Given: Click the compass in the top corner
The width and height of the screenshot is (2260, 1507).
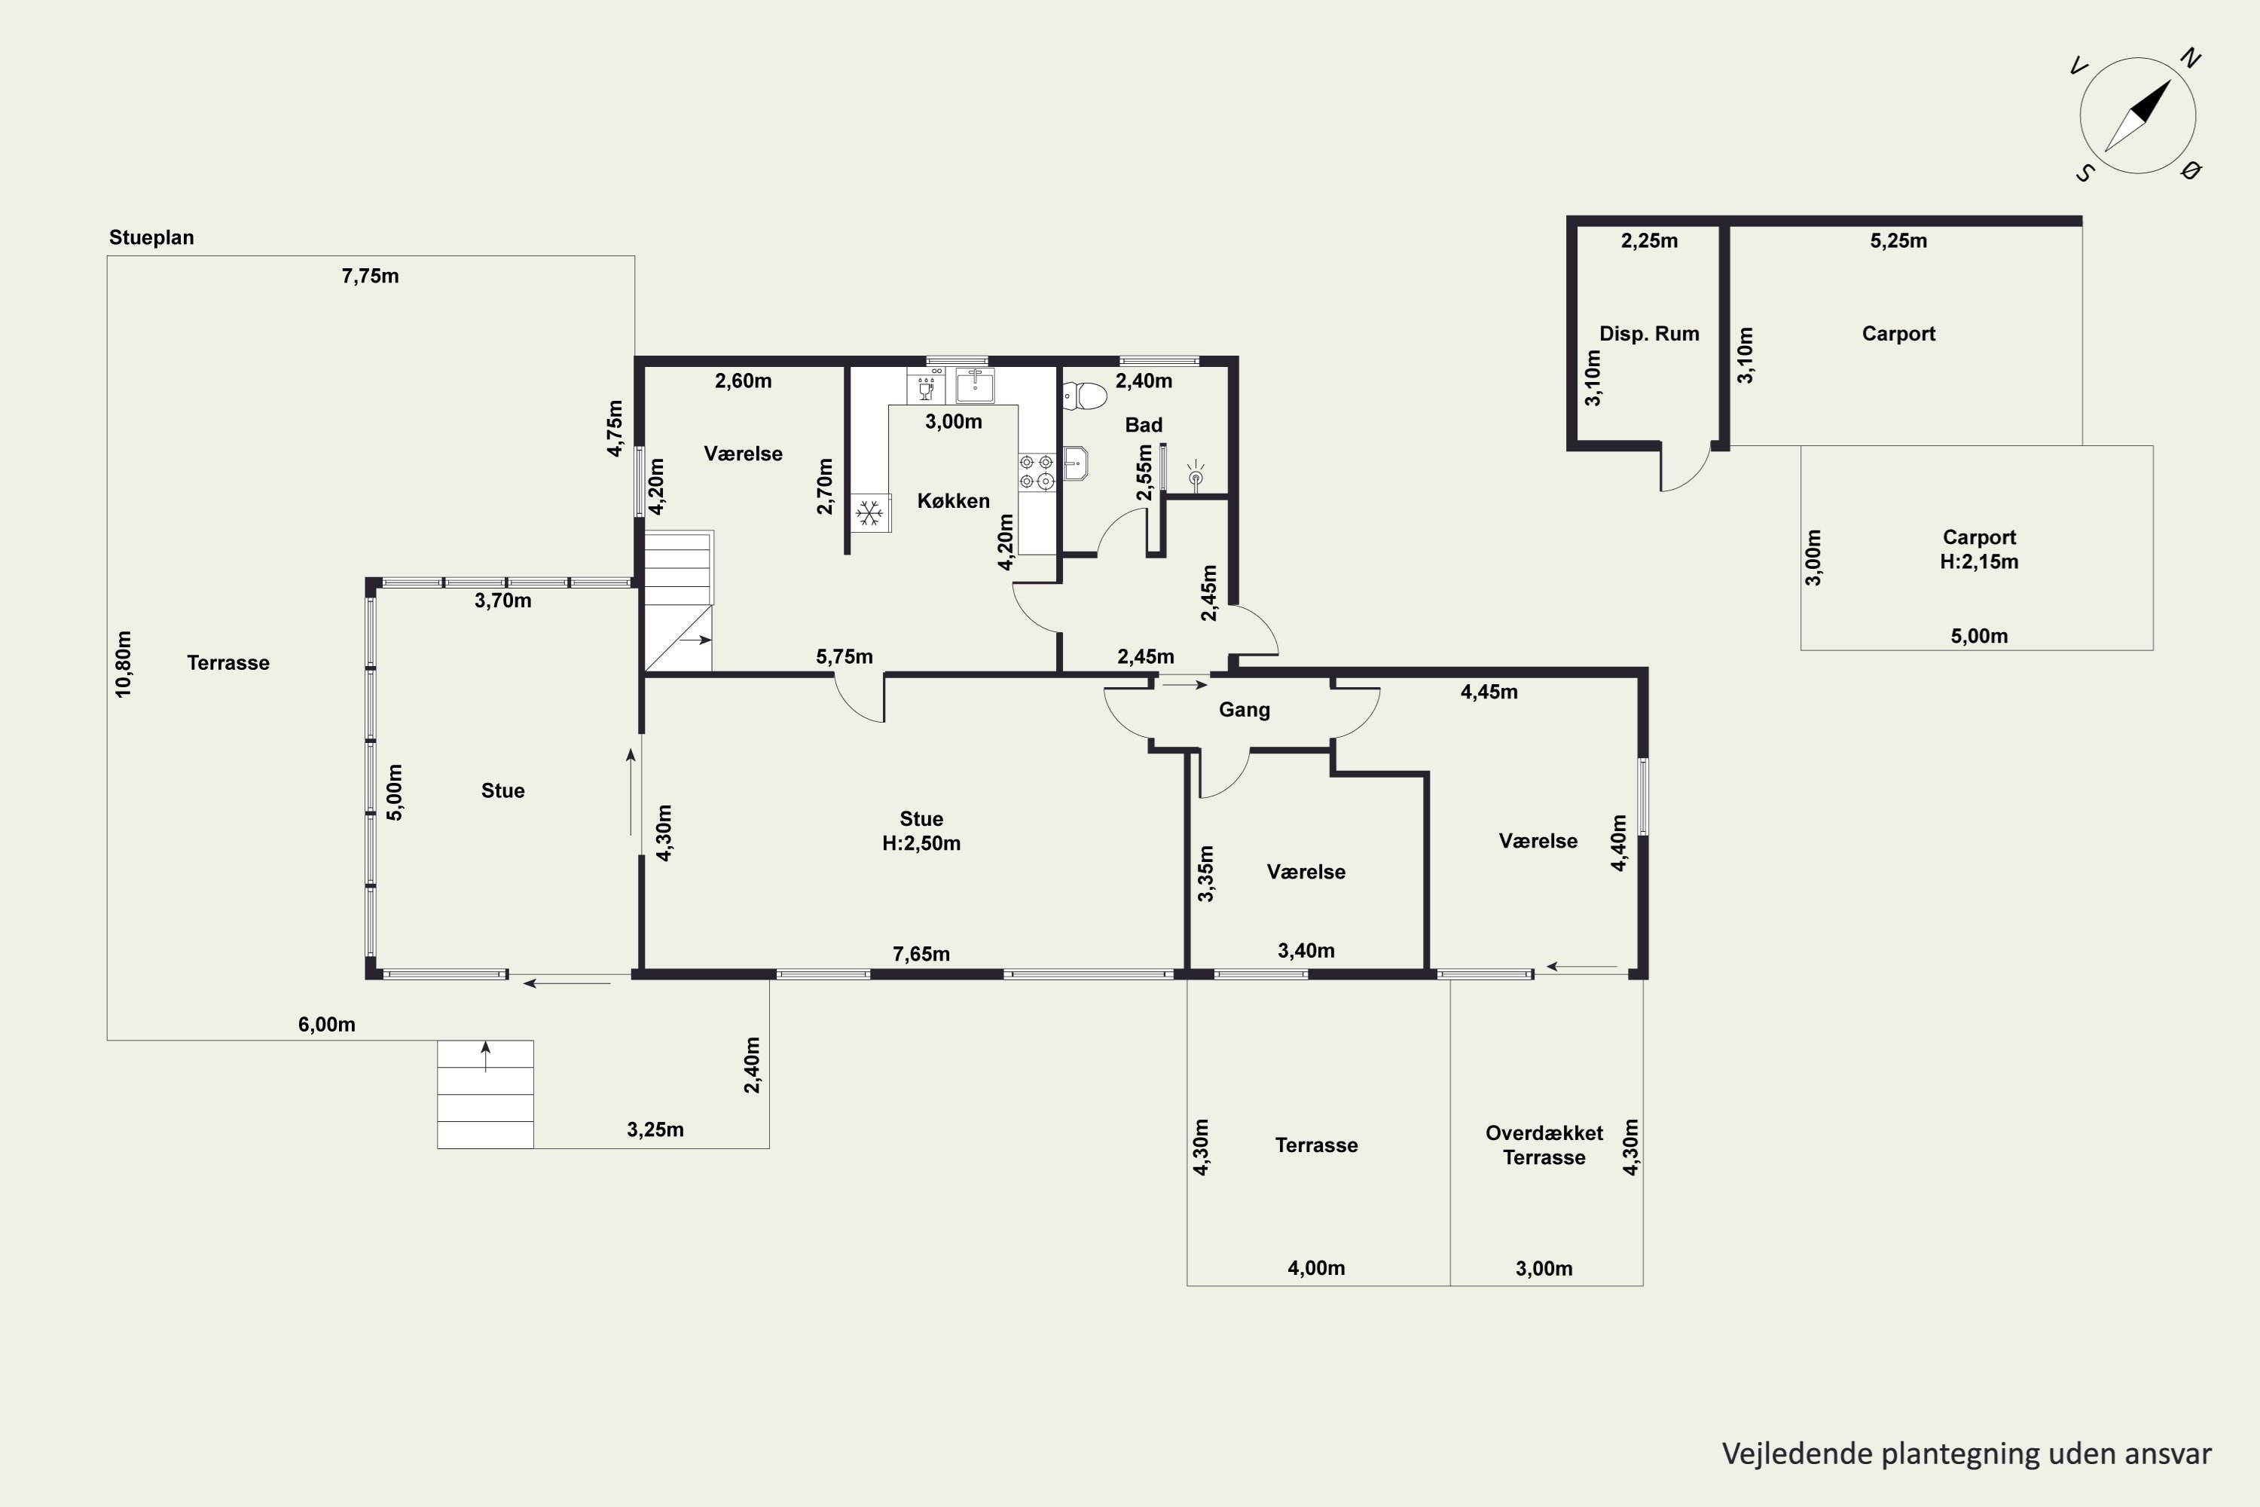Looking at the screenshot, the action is [2138, 115].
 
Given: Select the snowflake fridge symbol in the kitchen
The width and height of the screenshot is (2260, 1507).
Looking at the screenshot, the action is [869, 512].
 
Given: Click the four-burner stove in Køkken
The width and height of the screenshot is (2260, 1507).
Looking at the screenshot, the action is [1037, 472].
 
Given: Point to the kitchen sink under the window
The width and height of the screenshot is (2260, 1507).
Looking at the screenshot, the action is [976, 384].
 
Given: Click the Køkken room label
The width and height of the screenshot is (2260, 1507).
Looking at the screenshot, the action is [953, 501].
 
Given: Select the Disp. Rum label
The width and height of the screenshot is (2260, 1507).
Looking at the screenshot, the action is [1649, 334].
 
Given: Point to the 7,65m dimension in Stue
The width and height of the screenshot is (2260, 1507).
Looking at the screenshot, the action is [921, 953].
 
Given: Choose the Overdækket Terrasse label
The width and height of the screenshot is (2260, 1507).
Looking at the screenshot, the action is [1544, 1145].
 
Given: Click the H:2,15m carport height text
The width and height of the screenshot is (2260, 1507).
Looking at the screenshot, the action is [1980, 562].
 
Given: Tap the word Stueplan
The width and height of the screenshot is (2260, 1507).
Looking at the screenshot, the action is [152, 237].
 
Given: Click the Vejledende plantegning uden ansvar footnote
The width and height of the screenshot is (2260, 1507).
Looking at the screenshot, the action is [1967, 1454].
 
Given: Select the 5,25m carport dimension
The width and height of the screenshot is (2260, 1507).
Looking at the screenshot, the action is [1898, 240].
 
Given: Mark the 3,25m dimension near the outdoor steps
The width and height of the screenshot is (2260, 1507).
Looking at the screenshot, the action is [655, 1129].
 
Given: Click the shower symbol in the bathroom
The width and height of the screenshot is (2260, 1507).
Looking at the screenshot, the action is [1196, 475].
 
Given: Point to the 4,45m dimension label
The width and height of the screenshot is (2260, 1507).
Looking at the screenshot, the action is [1489, 692].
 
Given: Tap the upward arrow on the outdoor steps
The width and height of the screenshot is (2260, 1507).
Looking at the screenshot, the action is [485, 1056].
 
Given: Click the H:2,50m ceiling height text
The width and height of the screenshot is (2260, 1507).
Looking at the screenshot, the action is [921, 843].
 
